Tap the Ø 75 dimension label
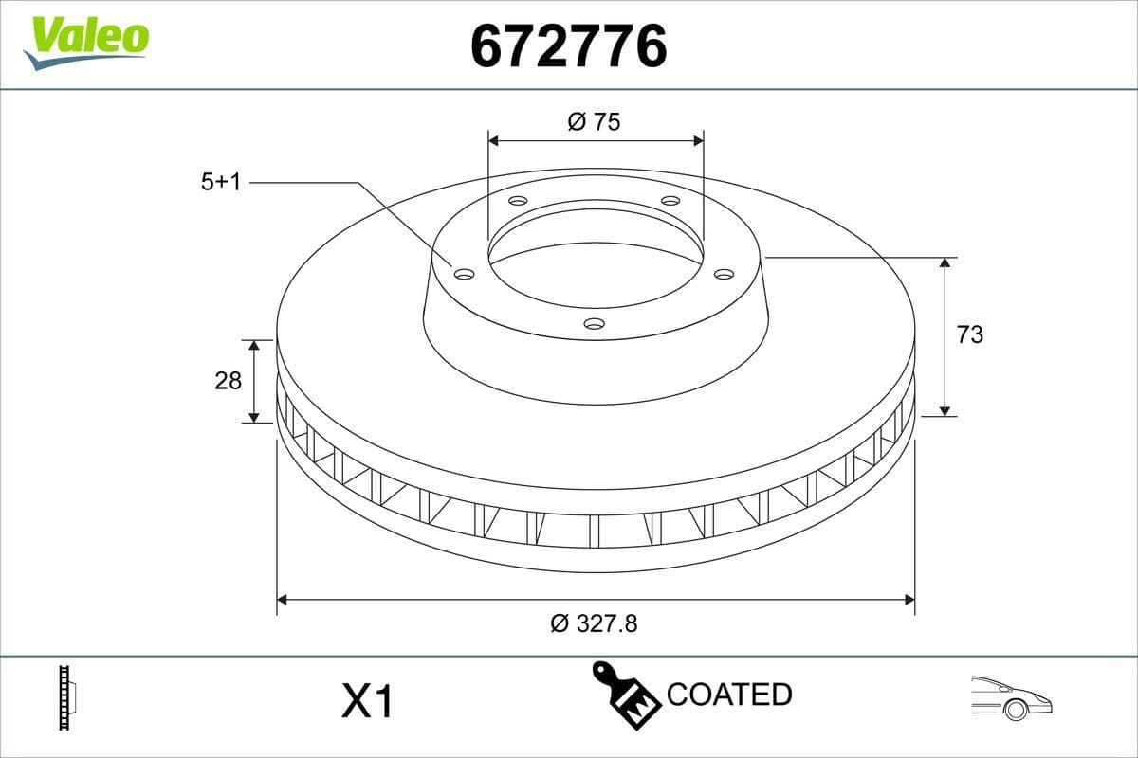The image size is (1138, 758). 595,121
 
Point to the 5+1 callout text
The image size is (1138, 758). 221,182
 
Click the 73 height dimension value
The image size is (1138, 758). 970,334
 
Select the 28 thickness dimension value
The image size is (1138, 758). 229,381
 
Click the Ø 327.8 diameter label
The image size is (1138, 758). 595,623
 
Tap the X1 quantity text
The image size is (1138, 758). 366,702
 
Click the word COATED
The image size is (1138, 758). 729,695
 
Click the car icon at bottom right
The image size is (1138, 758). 1011,697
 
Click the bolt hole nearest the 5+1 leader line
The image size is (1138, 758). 464,274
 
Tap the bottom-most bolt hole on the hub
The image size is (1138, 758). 594,324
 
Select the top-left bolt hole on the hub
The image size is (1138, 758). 518,201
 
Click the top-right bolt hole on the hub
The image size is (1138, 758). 670,201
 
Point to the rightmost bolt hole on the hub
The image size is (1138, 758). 724,274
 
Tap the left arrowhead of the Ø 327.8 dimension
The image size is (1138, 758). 282,599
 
